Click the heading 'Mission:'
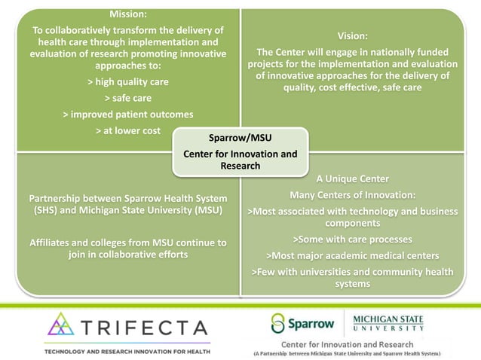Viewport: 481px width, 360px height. coord(127,14)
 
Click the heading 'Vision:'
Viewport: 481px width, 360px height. coord(353,35)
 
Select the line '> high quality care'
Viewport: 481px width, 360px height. coord(127,81)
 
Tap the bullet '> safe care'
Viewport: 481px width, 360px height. coord(127,98)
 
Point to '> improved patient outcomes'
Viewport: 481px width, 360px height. coord(127,114)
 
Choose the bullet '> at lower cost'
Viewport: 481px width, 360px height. coord(127,131)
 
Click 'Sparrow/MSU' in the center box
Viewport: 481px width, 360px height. coord(240,139)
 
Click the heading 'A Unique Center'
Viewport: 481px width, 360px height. coord(352,179)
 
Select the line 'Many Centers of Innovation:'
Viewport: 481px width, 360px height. coord(352,195)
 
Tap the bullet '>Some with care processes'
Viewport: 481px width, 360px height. coord(352,239)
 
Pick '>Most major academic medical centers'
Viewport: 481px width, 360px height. coord(352,255)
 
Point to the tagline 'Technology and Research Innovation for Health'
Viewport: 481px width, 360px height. coord(127,352)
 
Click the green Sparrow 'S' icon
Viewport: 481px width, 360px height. coord(279,325)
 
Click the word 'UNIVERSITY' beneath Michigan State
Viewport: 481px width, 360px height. coord(388,329)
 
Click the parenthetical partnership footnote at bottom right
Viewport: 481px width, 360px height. coord(347,353)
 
